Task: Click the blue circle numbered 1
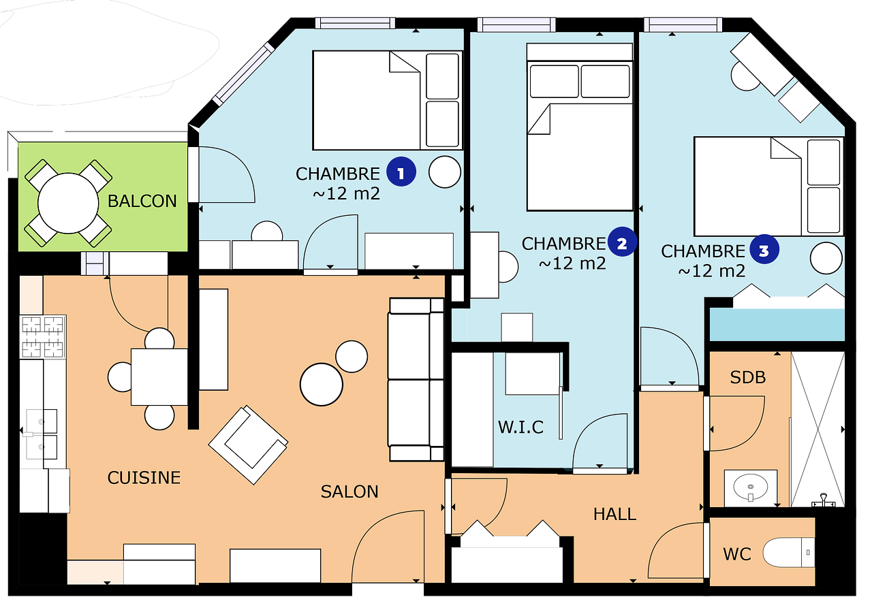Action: (401, 172)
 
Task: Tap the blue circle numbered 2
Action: (622, 242)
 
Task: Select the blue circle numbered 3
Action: (764, 249)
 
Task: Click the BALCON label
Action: (142, 201)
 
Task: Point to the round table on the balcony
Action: (68, 203)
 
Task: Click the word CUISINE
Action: (144, 478)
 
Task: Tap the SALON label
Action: (349, 492)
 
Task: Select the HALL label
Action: (614, 515)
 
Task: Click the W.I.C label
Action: (521, 428)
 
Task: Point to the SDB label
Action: (748, 377)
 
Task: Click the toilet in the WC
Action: (788, 553)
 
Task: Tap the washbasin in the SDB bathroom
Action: (751, 487)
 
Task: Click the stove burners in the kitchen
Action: (43, 337)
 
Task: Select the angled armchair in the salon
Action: (249, 445)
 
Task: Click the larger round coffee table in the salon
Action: (321, 385)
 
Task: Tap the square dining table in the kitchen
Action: (159, 377)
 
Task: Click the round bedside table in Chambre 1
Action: (445, 172)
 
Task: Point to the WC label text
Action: (737, 554)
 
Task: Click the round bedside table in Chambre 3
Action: (826, 258)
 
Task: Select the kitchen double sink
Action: (42, 434)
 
